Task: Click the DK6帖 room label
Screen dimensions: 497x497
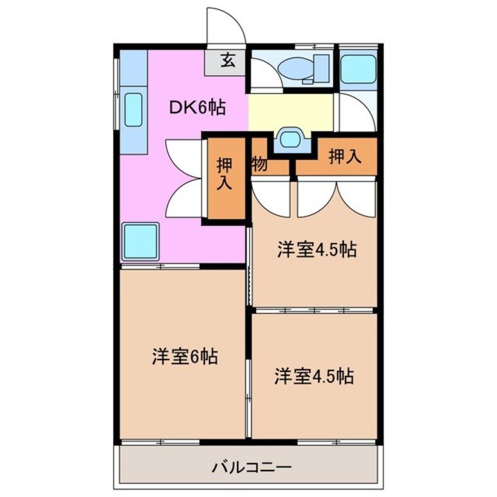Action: pos(197,107)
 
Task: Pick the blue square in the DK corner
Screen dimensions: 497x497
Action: pos(140,241)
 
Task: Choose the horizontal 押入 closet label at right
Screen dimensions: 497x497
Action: pos(344,157)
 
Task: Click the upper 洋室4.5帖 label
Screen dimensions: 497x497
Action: pos(317,250)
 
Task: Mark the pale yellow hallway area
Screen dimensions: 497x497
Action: pos(290,111)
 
